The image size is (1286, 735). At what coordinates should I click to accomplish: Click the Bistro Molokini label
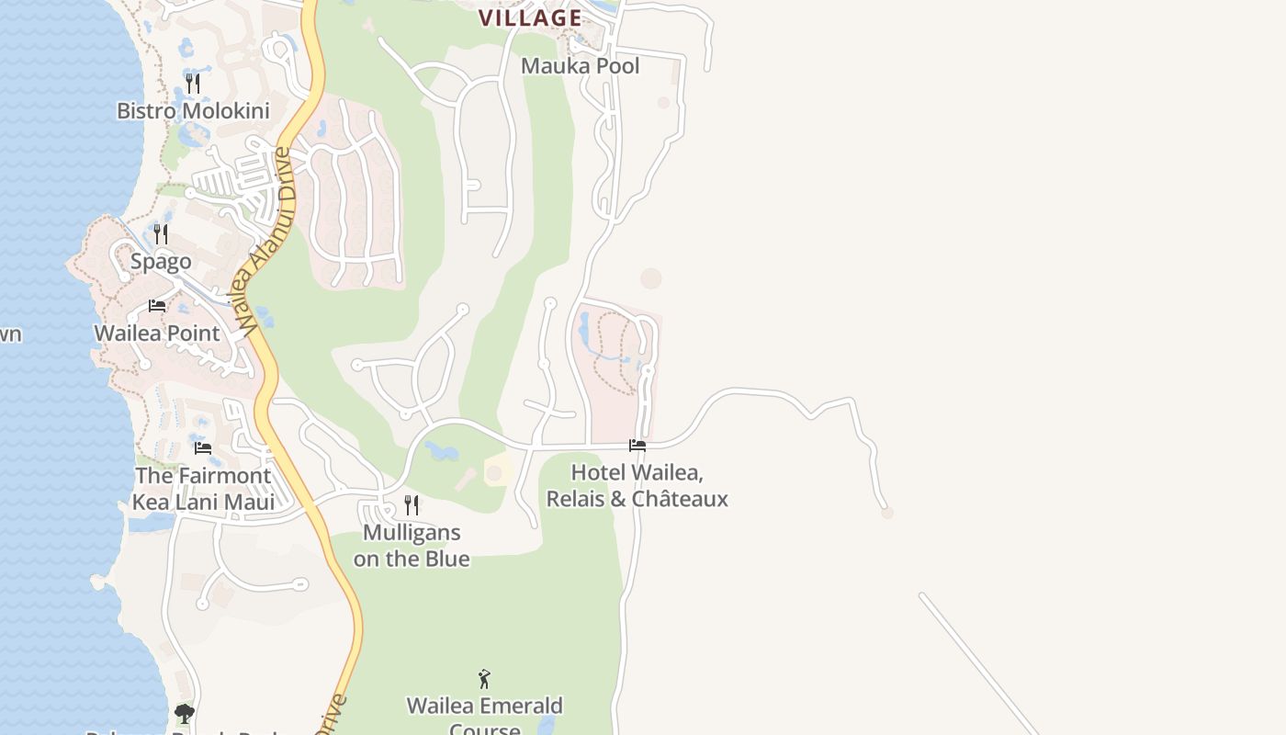coord(193,111)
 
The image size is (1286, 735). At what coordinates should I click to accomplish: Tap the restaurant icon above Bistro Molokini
coord(193,84)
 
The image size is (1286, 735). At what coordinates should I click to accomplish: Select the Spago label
coord(161,262)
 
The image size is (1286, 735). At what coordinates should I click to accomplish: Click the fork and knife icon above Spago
coord(161,234)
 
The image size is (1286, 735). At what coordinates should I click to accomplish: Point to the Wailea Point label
coord(157,334)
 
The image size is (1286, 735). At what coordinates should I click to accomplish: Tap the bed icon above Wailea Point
coord(157,306)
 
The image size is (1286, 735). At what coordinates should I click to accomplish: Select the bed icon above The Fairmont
coord(203,448)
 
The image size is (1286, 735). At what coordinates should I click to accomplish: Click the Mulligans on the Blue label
coord(412,546)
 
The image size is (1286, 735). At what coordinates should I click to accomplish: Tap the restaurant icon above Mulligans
coord(412,504)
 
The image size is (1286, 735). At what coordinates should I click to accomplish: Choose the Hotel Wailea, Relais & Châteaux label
coord(637,486)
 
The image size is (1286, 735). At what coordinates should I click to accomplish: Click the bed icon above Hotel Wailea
coord(637,446)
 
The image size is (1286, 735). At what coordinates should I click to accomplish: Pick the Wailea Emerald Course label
coord(485,707)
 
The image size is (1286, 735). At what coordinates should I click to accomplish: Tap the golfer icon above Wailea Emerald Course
coord(484,680)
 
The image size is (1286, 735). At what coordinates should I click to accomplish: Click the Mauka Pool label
coord(581,66)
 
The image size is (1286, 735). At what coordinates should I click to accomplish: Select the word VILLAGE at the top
coord(530,17)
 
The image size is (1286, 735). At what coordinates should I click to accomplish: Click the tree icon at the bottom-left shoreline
coord(185,713)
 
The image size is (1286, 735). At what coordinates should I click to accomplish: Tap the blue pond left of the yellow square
coord(442,452)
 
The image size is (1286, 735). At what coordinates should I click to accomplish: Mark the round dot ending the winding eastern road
coord(887,513)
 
